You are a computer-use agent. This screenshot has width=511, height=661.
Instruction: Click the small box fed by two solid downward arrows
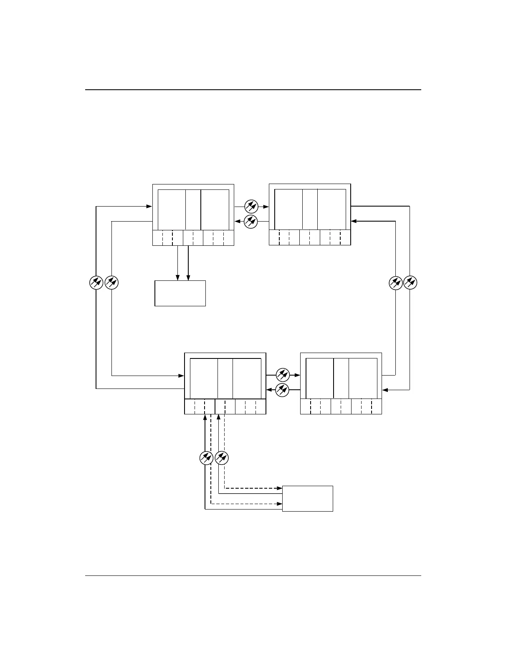(180, 293)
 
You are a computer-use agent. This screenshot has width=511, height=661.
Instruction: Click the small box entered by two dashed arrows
(308, 498)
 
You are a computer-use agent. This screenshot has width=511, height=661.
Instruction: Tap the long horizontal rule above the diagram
(253, 90)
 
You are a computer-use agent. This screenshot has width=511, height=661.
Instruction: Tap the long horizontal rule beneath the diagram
(253, 576)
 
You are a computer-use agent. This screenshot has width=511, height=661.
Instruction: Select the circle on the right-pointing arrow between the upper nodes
(251, 206)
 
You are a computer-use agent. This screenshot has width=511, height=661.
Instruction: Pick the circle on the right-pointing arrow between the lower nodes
(283, 374)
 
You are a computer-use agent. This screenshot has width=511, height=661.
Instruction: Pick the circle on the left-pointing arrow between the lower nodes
(283, 390)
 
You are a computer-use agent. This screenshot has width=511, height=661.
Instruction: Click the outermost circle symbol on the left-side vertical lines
(96, 283)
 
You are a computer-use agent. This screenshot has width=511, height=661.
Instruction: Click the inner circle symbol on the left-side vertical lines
(112, 283)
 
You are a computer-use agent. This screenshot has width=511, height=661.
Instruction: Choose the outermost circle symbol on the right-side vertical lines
(410, 283)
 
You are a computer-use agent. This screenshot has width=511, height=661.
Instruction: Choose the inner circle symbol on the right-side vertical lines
(395, 283)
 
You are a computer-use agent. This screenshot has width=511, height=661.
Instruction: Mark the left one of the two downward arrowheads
(178, 278)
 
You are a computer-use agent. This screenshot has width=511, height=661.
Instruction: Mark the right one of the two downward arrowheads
(189, 278)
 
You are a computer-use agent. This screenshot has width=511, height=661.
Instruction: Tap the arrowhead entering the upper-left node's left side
(149, 206)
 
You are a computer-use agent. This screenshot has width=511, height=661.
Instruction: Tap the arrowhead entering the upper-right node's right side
(354, 221)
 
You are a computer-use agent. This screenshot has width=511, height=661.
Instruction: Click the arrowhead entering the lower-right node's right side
(385, 390)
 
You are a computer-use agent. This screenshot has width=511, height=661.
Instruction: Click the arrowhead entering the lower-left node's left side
(182, 376)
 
